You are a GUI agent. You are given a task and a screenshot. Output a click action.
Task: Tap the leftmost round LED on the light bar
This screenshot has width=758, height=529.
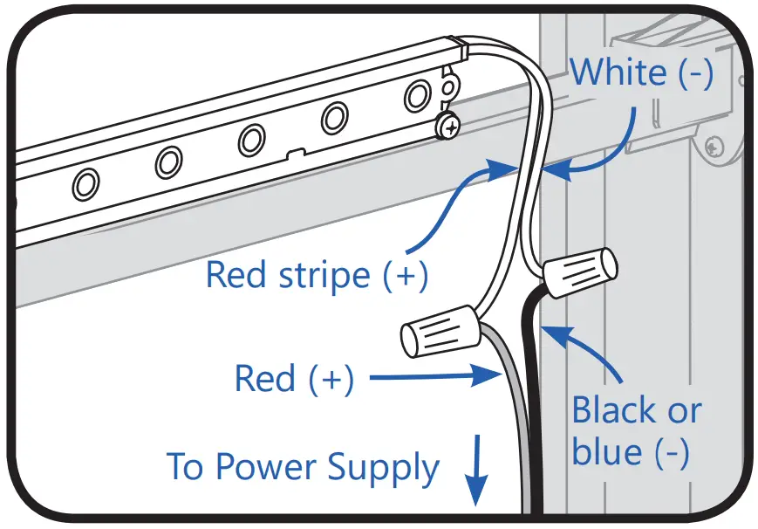[x=85, y=183]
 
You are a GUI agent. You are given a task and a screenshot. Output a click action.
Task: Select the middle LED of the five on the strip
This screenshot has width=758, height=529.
[x=252, y=140]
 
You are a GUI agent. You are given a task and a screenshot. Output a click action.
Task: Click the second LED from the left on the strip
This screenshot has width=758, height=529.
[x=168, y=161]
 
